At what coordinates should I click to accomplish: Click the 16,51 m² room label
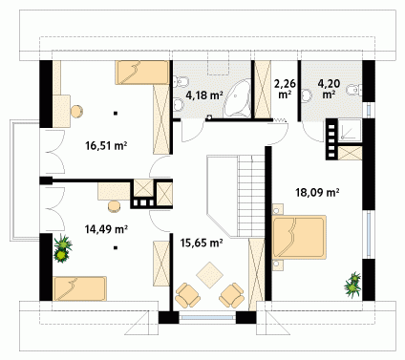(x=106, y=146)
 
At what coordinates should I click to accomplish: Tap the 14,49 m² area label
(x=106, y=228)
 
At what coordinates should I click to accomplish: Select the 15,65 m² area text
(x=202, y=243)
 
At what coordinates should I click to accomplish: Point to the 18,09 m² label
(x=317, y=192)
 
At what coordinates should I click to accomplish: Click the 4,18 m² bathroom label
(x=203, y=95)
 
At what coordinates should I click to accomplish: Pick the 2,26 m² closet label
(x=285, y=89)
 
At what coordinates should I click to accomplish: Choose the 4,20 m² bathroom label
(x=329, y=89)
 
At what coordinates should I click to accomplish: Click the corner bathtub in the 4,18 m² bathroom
(x=237, y=97)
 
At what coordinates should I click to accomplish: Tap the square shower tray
(x=351, y=130)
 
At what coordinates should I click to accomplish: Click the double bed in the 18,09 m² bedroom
(x=299, y=237)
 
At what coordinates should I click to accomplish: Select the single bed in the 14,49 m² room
(x=79, y=288)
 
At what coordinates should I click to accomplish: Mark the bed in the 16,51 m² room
(x=142, y=73)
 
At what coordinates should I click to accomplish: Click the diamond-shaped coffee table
(x=209, y=275)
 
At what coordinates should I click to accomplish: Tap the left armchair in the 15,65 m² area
(x=188, y=295)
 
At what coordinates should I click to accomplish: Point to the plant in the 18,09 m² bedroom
(x=352, y=285)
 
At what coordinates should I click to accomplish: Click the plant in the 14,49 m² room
(x=63, y=248)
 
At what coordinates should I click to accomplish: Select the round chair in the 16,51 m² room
(x=76, y=112)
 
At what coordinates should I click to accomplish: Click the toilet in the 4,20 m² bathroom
(x=353, y=90)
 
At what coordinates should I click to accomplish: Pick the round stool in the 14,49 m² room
(x=114, y=206)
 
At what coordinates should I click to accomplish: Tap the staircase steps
(x=251, y=197)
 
